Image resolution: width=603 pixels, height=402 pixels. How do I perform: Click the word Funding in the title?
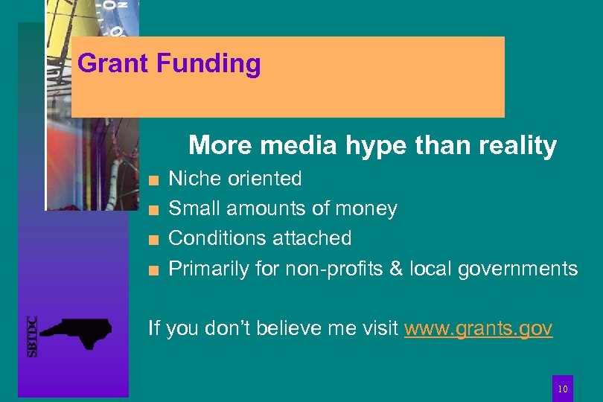tap(208, 64)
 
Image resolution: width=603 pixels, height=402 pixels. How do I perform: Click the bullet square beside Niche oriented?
tap(152, 180)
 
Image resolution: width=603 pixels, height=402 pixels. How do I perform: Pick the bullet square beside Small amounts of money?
tap(152, 210)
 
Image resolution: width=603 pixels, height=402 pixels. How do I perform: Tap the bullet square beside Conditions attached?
tap(152, 240)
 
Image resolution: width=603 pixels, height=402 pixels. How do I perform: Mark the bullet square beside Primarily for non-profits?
tap(152, 269)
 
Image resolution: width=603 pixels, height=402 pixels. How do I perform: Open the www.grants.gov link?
tap(478, 328)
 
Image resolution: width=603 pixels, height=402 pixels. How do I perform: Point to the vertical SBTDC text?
tap(31, 336)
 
